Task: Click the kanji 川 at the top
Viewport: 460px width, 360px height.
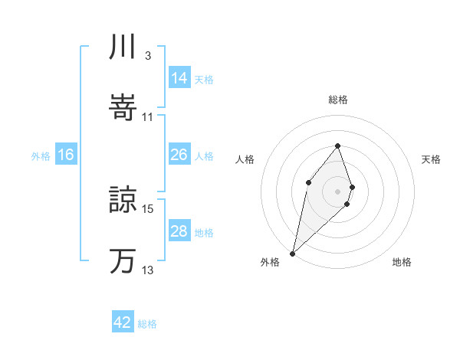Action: (123, 48)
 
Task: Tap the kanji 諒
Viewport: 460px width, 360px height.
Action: (123, 198)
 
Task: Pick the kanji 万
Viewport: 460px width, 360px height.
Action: (123, 260)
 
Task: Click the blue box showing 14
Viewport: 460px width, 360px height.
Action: (179, 77)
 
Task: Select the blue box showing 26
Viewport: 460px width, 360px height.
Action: (179, 155)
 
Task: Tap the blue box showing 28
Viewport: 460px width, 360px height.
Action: (179, 231)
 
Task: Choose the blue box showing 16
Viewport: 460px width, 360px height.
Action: (66, 155)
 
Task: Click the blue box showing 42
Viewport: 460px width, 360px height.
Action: (123, 322)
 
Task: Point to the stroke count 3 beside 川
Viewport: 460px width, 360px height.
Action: (147, 56)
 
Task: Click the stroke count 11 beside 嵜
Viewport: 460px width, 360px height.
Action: (148, 117)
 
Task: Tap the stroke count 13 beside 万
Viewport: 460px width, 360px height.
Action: (148, 270)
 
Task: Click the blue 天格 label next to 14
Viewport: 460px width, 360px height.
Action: (204, 79)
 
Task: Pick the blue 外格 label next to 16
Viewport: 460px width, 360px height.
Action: (41, 155)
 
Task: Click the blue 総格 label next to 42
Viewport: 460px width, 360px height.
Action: (147, 324)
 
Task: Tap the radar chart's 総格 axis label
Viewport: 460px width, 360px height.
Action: (338, 100)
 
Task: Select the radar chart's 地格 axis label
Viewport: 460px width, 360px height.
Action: (402, 263)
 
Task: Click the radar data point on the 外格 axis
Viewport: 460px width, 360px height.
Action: (292, 253)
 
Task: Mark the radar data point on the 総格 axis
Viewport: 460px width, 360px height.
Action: (338, 145)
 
